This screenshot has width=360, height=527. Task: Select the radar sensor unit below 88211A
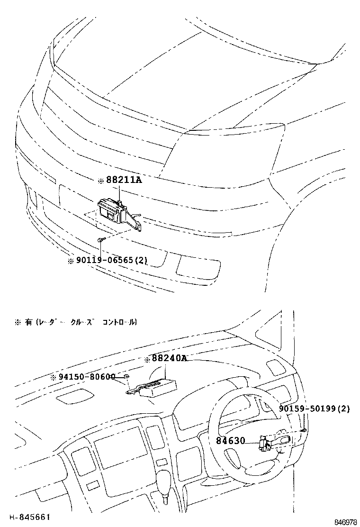point(110,209)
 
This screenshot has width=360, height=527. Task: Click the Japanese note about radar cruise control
point(76,322)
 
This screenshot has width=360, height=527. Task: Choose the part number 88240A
point(169,359)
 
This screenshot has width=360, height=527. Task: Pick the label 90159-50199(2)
point(314,409)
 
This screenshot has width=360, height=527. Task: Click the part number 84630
point(231,441)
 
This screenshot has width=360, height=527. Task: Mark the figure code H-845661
point(30,517)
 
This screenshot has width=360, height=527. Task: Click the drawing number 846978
point(345,522)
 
